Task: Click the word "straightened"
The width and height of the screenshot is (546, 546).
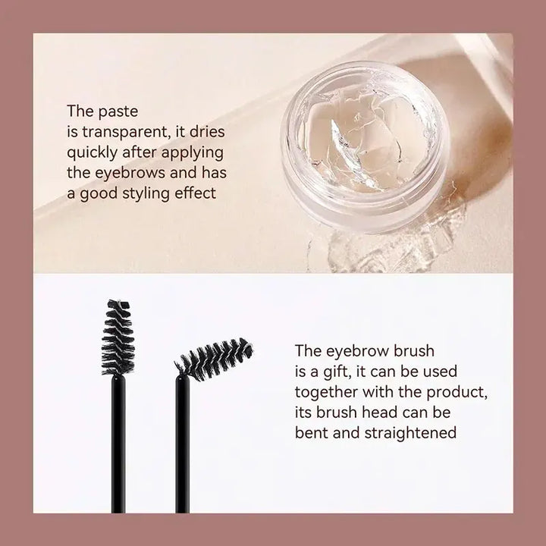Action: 414,433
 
